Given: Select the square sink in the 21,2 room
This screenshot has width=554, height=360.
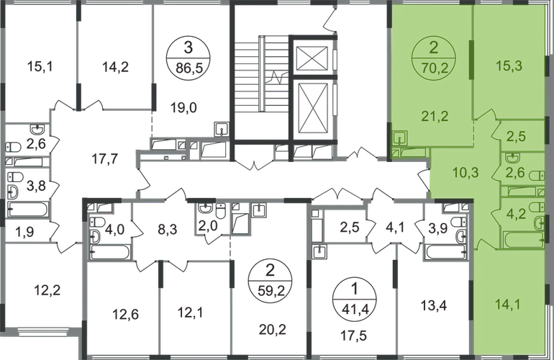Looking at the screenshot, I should click(x=401, y=136).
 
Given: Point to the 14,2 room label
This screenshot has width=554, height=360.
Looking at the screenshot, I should click(x=112, y=71).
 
